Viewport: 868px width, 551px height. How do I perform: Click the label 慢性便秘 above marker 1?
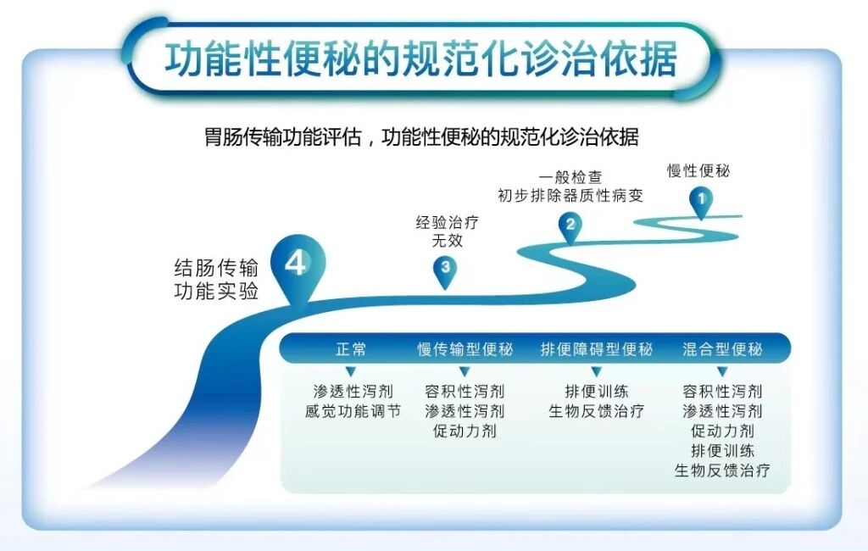pos(698,170)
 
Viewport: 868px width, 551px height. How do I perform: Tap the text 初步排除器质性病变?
pos(570,196)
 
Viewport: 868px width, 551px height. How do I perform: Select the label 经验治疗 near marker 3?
pos(447,223)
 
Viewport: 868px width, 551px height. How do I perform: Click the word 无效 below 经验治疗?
pos(447,241)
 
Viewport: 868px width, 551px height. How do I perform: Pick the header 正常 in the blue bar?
pos(351,349)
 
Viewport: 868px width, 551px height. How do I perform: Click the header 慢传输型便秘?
pos(465,349)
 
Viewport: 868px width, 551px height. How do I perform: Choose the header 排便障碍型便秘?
pos(596,349)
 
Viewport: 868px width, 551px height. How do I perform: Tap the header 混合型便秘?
pos(722,349)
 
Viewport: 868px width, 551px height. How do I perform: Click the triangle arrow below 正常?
pos(350,371)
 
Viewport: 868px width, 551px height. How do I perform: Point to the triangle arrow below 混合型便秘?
pos(722,371)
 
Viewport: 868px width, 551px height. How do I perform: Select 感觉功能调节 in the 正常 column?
pos(353,411)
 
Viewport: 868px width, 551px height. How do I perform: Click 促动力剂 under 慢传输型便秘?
pos(465,431)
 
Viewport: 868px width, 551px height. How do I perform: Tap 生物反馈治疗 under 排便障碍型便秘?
pos(596,411)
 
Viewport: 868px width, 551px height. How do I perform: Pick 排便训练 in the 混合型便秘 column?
pos(722,450)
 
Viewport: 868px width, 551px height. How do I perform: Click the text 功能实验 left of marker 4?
pos(216,292)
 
